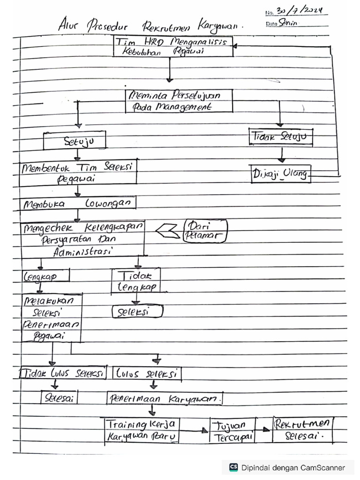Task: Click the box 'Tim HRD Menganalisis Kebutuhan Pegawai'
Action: (x=173, y=47)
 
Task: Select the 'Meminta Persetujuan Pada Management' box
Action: (x=179, y=101)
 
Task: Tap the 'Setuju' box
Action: (x=75, y=140)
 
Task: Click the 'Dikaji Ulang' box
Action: (x=280, y=174)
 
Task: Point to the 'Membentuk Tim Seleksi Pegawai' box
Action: (x=78, y=173)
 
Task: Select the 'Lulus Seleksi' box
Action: (x=147, y=374)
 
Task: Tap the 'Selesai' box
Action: (x=60, y=397)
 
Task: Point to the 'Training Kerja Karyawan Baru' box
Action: (x=142, y=430)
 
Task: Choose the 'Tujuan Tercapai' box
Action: (x=232, y=431)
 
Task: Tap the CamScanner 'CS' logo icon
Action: (x=233, y=467)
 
